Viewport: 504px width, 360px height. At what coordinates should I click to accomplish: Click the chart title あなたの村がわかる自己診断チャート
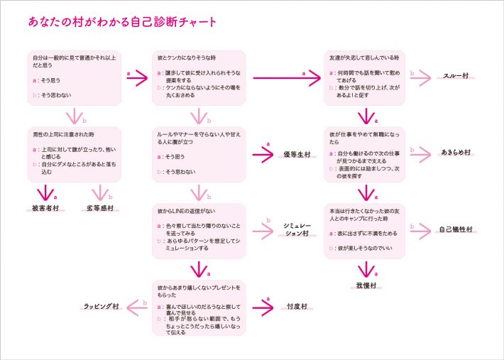122,23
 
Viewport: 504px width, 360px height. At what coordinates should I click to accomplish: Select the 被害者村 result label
45,209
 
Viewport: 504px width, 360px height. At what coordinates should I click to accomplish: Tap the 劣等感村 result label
100,209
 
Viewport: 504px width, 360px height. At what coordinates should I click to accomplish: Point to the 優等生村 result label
296,153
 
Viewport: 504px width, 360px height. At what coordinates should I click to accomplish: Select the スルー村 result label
456,77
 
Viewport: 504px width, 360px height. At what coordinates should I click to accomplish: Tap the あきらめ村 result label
456,153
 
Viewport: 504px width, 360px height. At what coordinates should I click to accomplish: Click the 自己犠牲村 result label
456,229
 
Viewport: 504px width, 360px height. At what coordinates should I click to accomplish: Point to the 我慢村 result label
366,285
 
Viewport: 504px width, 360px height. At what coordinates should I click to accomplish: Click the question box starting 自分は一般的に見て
75,76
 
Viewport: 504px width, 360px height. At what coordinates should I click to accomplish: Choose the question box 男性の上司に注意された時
75,153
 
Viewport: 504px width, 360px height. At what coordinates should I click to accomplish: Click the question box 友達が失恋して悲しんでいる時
366,76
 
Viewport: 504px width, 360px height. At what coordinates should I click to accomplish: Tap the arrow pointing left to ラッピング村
136,306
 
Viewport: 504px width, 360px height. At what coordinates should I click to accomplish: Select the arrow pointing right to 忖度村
262,307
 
